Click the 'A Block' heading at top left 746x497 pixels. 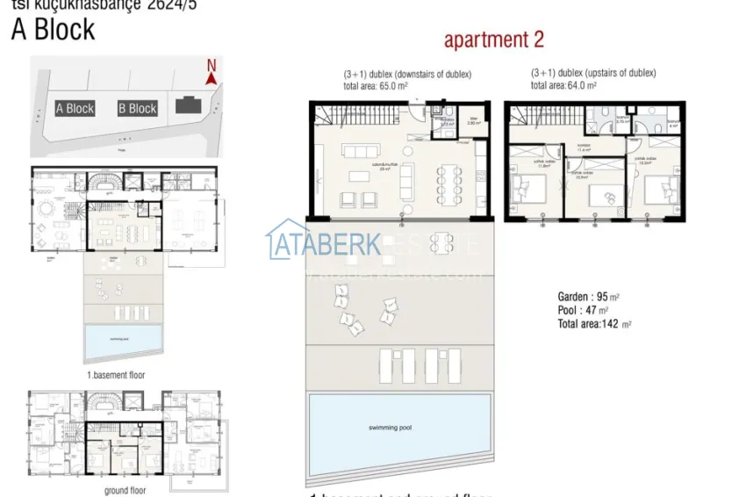click(x=53, y=30)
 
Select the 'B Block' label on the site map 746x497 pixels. click(x=137, y=109)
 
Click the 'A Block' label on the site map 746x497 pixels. click(x=75, y=109)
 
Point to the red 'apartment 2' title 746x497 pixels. click(x=494, y=40)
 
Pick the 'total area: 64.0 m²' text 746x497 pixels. click(x=564, y=86)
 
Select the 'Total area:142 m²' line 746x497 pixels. click(x=595, y=324)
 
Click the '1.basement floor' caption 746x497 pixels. click(x=117, y=374)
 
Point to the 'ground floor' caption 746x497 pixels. click(x=125, y=490)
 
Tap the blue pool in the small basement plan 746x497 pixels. click(x=124, y=342)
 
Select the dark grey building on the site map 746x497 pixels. click(x=187, y=105)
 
